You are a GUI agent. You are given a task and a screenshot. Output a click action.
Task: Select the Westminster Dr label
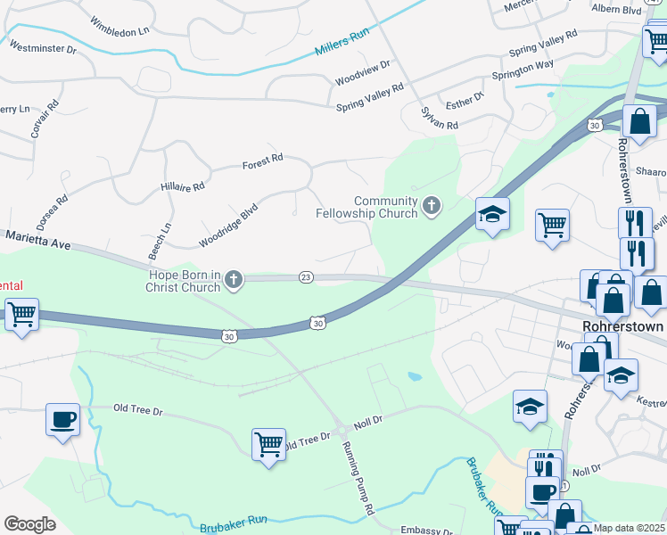[x=42, y=45]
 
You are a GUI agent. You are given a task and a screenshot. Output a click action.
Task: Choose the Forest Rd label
[x=262, y=161]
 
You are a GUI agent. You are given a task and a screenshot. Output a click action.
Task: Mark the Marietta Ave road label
[x=37, y=239]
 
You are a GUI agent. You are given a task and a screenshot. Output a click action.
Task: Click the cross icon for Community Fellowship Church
[x=432, y=207]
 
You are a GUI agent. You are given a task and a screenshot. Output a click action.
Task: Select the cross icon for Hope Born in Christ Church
[x=234, y=280]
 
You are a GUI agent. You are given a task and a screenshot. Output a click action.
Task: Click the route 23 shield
[x=306, y=277]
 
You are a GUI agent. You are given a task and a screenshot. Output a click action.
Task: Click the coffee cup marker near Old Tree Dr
[x=62, y=419]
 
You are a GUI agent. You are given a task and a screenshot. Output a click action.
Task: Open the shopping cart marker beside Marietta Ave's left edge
[x=21, y=314]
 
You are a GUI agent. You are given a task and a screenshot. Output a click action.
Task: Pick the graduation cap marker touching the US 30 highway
[x=492, y=214]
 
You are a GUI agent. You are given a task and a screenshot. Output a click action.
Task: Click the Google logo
[x=29, y=523]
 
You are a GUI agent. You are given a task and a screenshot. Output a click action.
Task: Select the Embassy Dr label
[x=428, y=531]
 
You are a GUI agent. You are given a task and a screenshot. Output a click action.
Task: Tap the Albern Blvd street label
[x=617, y=10]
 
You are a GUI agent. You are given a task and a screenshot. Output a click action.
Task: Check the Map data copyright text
[x=629, y=528]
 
